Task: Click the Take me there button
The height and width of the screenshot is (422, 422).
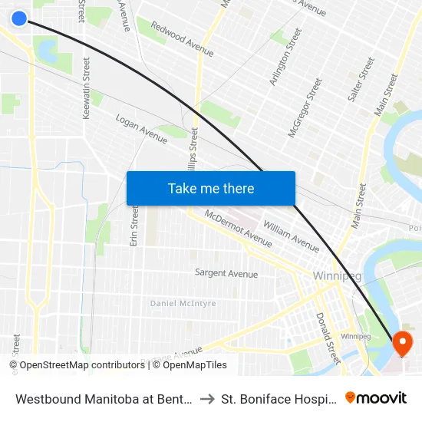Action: [x=211, y=188]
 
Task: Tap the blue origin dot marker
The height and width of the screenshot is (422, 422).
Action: [x=20, y=18]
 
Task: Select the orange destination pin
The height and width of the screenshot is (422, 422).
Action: [x=402, y=342]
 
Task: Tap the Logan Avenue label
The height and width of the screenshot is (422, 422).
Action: [x=141, y=129]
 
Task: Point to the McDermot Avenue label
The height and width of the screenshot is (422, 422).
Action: [x=238, y=229]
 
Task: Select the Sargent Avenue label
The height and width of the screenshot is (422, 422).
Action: [x=226, y=273]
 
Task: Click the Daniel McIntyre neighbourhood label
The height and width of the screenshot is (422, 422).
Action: [x=183, y=304]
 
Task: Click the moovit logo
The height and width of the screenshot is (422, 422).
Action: [x=376, y=397]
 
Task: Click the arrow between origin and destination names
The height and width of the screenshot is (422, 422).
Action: [x=206, y=398]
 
